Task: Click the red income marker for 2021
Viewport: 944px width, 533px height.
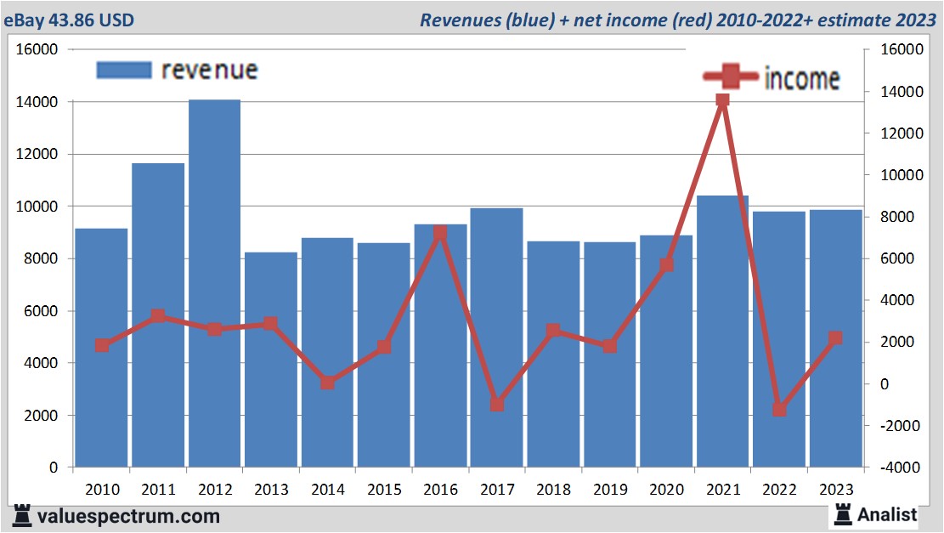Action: coord(722,100)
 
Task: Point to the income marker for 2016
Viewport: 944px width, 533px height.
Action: coord(440,232)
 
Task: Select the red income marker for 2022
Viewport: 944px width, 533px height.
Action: coord(778,410)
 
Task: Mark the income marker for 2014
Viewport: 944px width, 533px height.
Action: coord(327,383)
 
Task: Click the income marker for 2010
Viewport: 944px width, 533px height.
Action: coord(102,345)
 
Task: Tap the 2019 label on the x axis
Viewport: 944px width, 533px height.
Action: coord(609,490)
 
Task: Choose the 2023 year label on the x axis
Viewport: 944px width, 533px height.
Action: coord(834,490)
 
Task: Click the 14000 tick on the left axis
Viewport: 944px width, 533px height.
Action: coord(40,102)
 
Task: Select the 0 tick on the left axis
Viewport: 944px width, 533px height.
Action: coord(54,468)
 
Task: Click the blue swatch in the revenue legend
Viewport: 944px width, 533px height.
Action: coord(124,70)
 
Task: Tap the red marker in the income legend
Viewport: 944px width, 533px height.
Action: coord(730,77)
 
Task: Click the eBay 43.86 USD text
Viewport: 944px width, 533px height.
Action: coord(68,20)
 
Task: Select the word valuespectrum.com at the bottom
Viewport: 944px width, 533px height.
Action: coord(127,515)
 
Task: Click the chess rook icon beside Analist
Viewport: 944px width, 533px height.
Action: coord(842,513)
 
